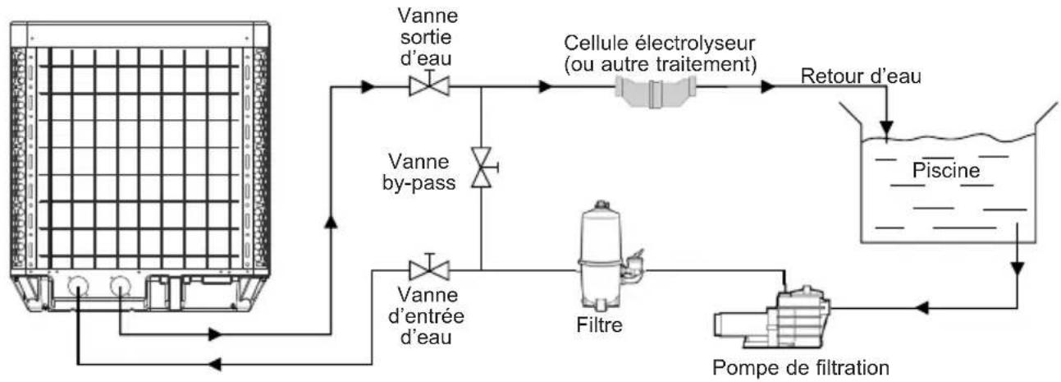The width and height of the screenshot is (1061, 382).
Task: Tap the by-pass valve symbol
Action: [482, 167]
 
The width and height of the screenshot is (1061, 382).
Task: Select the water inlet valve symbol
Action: [429, 268]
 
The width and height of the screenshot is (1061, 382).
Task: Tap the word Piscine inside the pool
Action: [946, 171]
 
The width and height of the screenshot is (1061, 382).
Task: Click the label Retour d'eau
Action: [861, 76]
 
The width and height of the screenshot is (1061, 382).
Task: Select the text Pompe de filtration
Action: [801, 368]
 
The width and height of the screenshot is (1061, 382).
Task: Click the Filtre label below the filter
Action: [599, 325]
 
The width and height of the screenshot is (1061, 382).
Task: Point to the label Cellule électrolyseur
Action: [660, 43]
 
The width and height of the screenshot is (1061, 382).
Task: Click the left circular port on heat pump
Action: [78, 286]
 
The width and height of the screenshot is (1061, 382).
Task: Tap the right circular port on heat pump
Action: [121, 286]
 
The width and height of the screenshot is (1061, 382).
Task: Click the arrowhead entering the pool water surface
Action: [886, 128]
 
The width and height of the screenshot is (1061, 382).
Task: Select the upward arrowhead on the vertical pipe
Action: [331, 221]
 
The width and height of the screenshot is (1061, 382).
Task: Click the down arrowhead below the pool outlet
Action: [1017, 269]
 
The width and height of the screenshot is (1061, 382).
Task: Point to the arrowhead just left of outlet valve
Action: [368, 87]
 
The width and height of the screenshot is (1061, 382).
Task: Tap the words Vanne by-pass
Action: [418, 172]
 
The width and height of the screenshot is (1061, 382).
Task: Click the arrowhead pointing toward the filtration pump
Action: [921, 308]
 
